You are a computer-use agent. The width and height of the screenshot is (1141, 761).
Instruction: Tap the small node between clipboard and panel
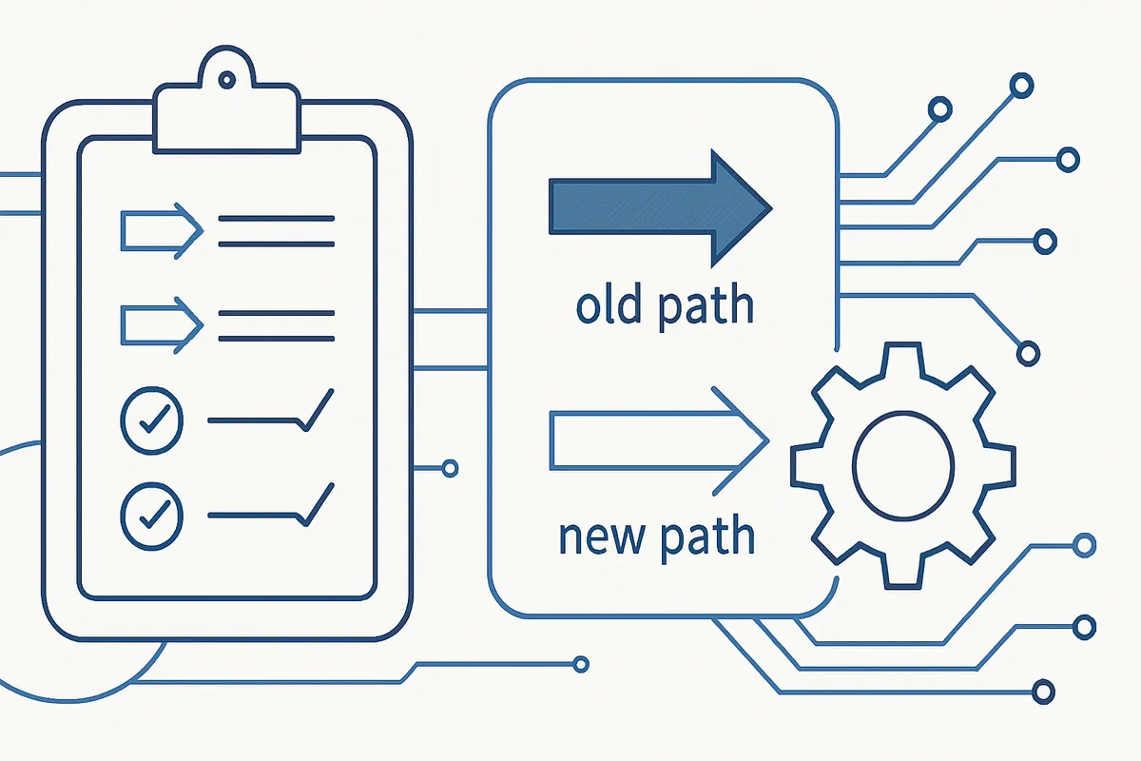pos(451,468)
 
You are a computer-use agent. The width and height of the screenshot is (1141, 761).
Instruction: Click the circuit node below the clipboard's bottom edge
pos(581,664)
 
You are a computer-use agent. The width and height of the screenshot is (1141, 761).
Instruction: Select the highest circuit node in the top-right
pos(1022,87)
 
